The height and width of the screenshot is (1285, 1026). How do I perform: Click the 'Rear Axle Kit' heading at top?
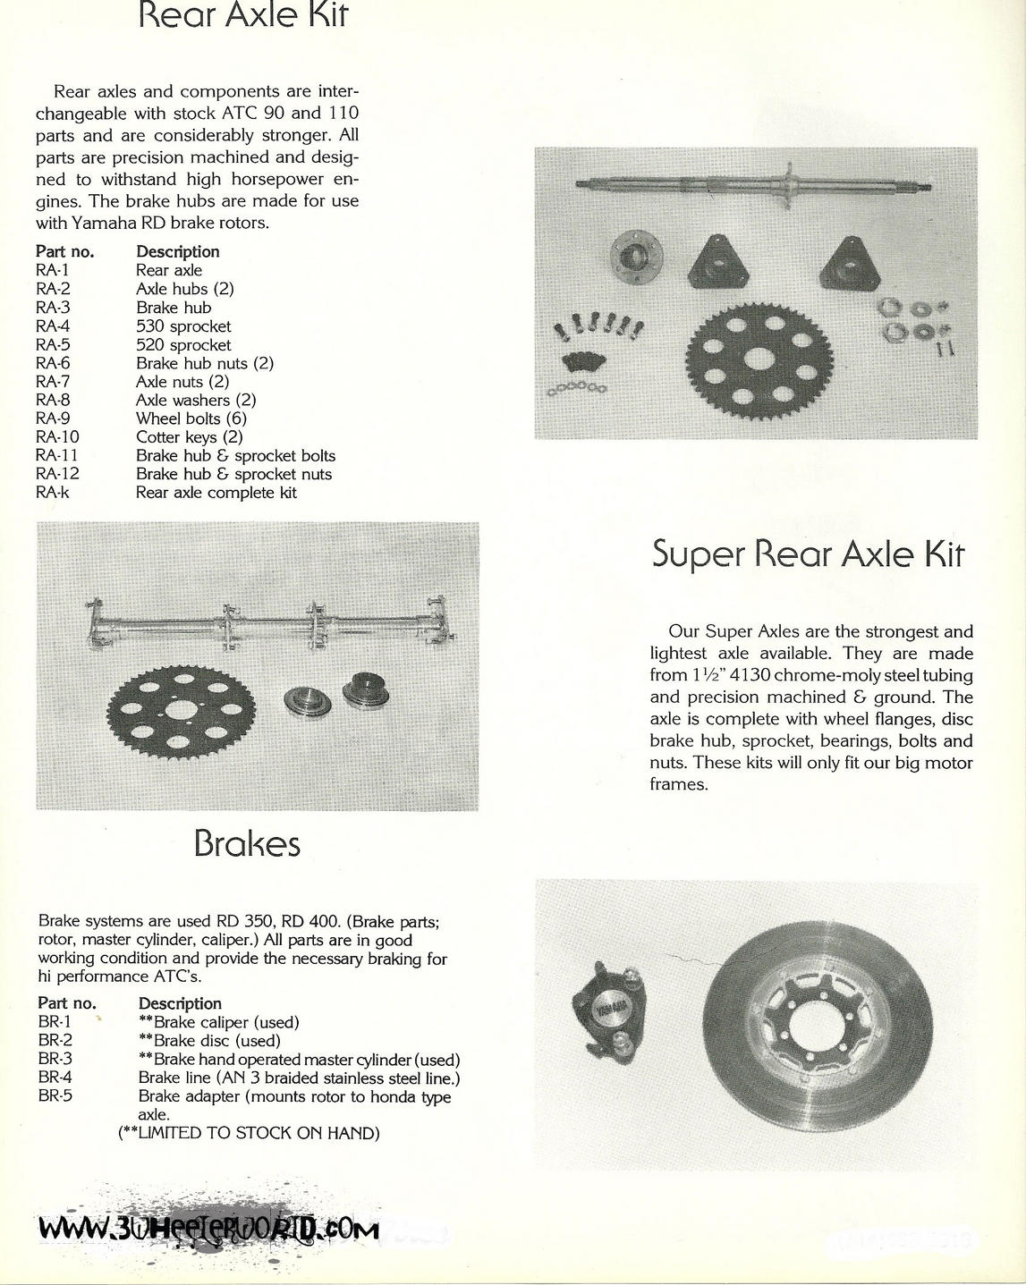coord(243,16)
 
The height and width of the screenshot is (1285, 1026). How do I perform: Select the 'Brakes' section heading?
coord(247,843)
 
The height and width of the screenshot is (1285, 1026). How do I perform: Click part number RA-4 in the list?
coord(53,326)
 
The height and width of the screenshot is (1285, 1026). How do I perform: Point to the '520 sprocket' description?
coord(183,345)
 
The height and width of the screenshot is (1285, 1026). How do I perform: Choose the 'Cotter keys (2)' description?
coord(189,437)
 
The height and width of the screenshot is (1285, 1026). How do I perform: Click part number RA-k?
coord(53,493)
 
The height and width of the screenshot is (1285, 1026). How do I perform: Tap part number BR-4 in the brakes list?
coord(55,1078)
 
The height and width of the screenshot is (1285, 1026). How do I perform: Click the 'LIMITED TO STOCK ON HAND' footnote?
coord(250,1133)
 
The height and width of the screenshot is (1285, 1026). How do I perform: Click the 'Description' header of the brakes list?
coord(180,1003)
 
